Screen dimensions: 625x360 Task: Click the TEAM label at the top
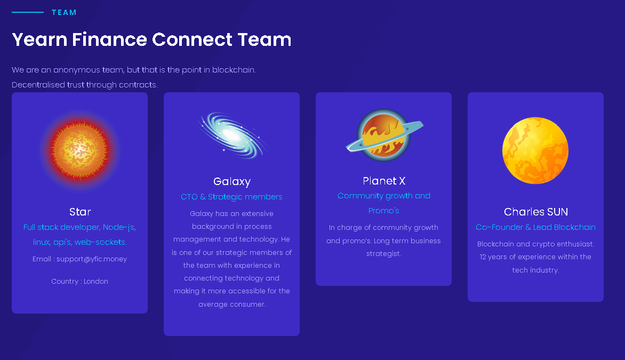coord(64,12)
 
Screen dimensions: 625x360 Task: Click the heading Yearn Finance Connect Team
coord(151,39)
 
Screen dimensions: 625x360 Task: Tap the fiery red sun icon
coord(79,150)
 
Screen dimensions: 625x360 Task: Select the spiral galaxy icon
coord(232,135)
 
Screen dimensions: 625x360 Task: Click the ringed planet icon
coord(384,135)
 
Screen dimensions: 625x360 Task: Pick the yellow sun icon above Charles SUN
coord(535,150)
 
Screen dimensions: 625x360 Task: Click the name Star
coord(79,212)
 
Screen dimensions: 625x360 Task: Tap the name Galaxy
coord(232,182)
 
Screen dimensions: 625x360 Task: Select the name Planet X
coord(384,181)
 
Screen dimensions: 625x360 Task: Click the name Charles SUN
coord(536,212)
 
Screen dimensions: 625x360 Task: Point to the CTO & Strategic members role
coord(231,197)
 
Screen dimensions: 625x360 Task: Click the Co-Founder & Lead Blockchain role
coord(535,227)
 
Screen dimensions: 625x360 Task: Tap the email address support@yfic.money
coord(92,259)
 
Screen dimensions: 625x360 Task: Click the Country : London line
coord(79,282)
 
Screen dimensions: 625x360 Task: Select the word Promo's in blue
coord(384,211)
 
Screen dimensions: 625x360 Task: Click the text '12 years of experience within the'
coord(535,257)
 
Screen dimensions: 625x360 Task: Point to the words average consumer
coord(232,304)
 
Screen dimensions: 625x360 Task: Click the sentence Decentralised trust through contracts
coord(84,85)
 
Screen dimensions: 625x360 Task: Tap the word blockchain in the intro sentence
coord(234,70)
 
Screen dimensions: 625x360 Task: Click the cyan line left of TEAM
coord(28,12)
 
